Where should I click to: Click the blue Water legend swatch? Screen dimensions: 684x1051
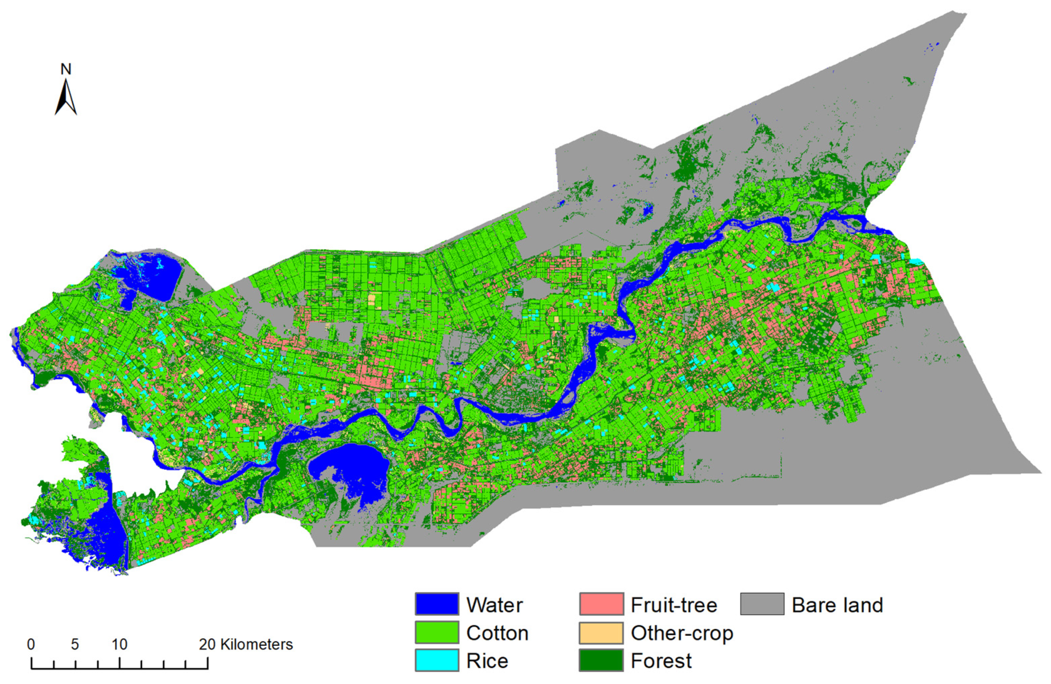436,604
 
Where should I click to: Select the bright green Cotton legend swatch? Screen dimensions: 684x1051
436,633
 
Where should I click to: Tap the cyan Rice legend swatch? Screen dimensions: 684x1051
436,661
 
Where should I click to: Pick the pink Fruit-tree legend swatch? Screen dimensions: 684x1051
601,604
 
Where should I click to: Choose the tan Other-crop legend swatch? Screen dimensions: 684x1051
601,633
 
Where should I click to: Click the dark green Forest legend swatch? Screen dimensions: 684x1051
601,661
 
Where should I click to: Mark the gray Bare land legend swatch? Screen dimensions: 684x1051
762,604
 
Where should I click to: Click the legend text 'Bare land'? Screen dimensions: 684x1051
837,605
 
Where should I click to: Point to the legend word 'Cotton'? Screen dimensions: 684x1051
497,633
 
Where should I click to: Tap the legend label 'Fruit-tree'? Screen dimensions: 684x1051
674,605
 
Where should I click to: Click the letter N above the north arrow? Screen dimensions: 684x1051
66,69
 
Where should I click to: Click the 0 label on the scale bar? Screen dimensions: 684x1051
31,645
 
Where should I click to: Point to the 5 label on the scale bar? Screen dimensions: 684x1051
75,645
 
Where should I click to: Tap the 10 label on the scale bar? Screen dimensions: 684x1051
119,645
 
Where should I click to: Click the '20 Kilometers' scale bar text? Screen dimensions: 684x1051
245,645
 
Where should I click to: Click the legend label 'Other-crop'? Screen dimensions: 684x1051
682,633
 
